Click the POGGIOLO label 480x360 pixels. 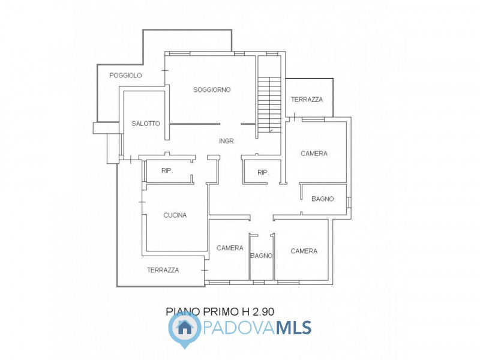coord(125,76)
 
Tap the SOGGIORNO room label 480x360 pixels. coord(212,89)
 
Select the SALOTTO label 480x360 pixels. coord(146,124)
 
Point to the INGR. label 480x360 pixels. coord(227,141)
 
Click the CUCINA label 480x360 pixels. coord(175,215)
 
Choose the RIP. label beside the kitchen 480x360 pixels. coord(167,171)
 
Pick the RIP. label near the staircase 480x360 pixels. coord(263,173)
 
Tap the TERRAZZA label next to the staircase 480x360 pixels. coord(307,100)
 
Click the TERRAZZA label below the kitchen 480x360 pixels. coord(163,271)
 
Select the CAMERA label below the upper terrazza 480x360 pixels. coord(314,154)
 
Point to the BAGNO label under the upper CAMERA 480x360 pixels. coord(323,199)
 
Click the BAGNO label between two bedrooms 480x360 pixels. coord(262,256)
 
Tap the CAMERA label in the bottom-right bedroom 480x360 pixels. coord(304,251)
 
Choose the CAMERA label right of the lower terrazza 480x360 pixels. coord(230,248)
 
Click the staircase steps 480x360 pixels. coord(269,104)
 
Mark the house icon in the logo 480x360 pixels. coord(185,328)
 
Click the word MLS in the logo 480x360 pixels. coord(294,328)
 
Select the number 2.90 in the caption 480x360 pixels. coord(263,311)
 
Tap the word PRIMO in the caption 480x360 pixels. coord(220,311)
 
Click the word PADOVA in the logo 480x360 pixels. coord(239,328)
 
